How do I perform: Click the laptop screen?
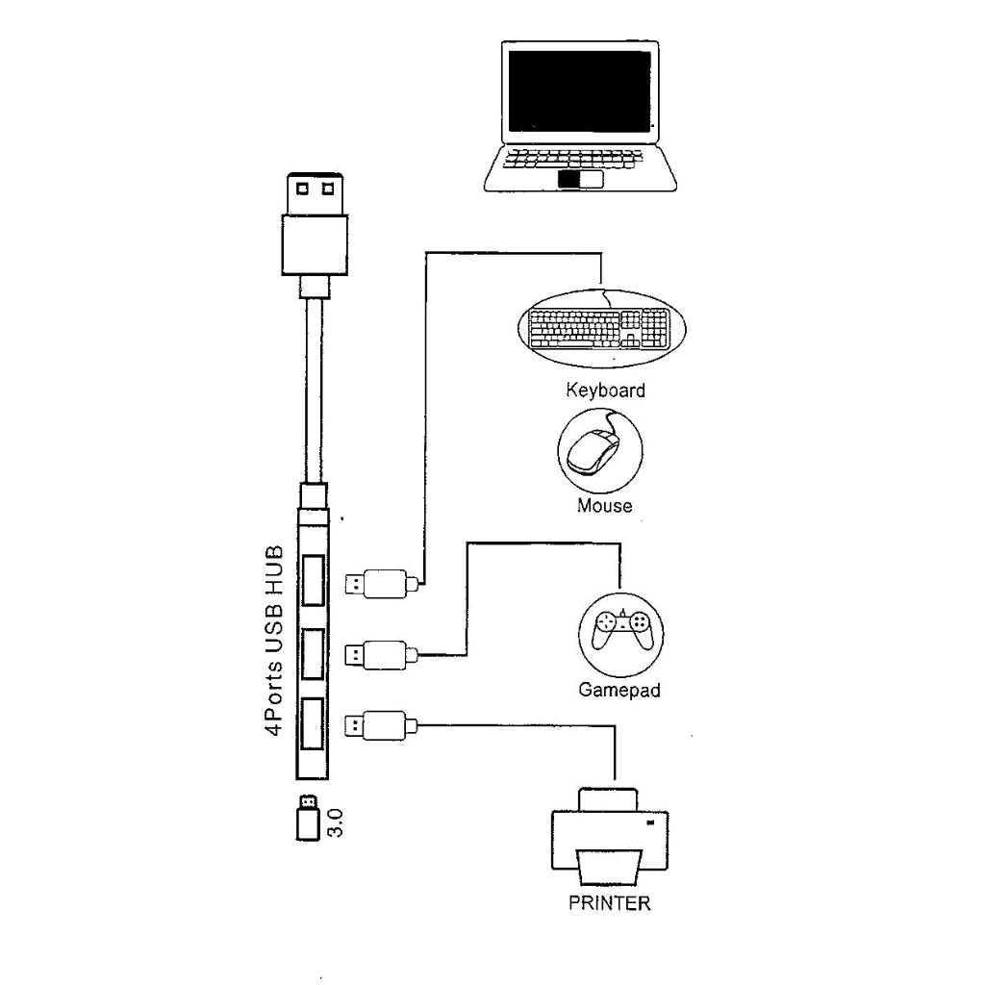[x=579, y=90]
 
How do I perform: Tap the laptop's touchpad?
[x=579, y=180]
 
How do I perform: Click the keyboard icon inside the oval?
[x=600, y=330]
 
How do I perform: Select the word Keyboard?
[x=605, y=391]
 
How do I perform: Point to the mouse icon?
[x=598, y=450]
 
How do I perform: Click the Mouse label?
[x=604, y=506]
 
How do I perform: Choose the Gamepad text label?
[x=619, y=691]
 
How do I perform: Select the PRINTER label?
[x=610, y=903]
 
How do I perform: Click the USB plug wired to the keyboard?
[x=380, y=582]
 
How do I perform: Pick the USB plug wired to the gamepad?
[x=380, y=655]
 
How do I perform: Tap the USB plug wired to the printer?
[x=380, y=724]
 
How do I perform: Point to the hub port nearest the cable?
[x=312, y=582]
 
